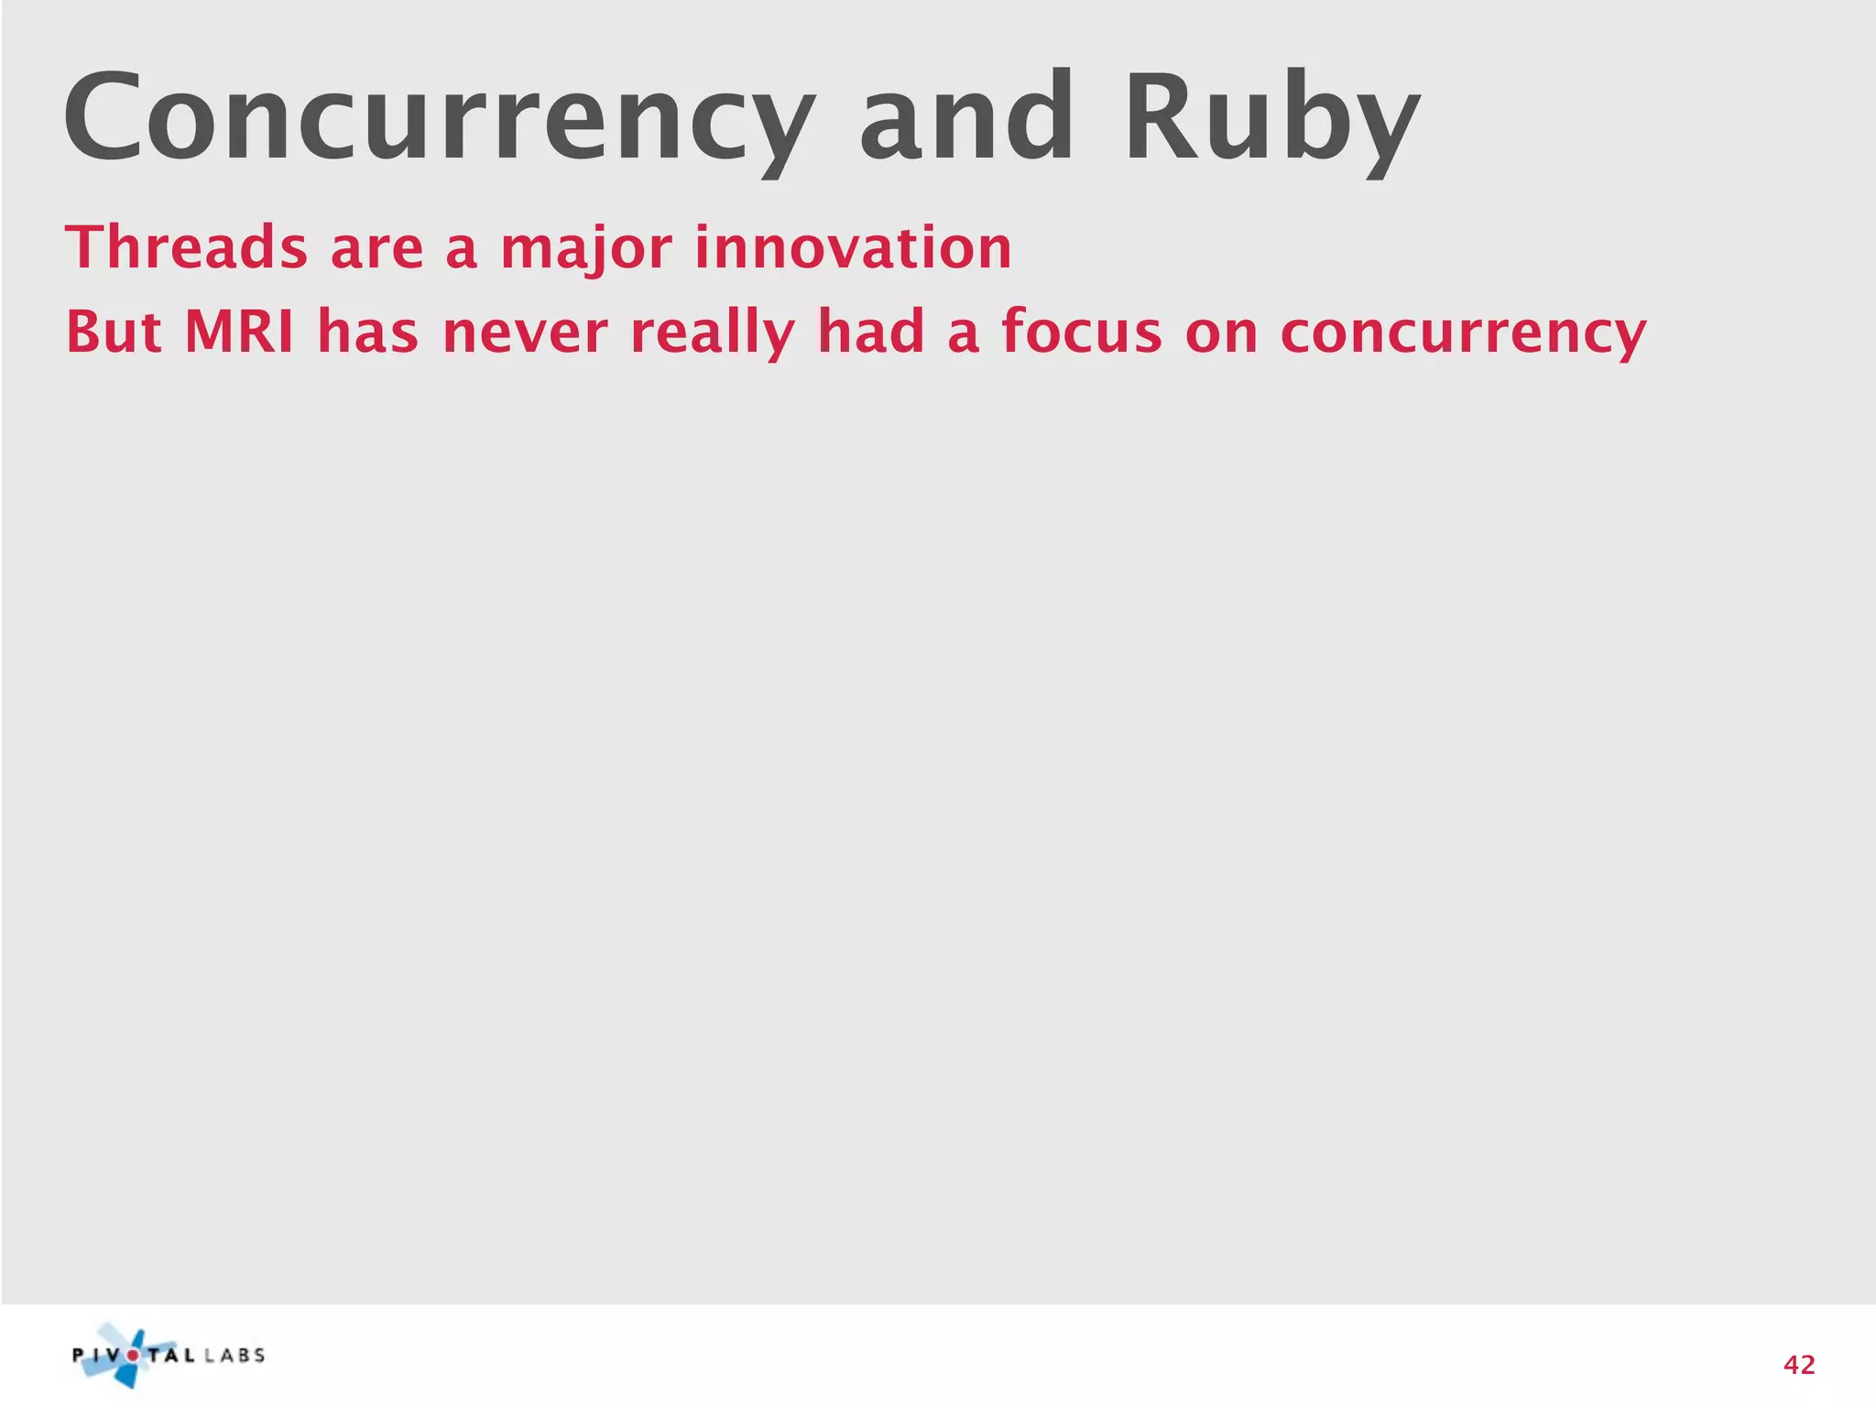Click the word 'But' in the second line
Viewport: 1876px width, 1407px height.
point(114,332)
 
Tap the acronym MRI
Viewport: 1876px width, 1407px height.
point(239,332)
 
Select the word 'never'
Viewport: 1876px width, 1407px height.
point(525,333)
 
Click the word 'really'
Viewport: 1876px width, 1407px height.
point(713,333)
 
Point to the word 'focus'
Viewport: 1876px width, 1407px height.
point(1082,332)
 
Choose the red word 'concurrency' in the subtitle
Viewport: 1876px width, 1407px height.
point(1463,333)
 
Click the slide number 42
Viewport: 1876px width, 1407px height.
point(1799,1366)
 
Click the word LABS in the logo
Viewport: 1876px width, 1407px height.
point(234,1356)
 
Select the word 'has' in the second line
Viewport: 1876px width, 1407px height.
point(367,332)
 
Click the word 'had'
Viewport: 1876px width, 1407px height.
point(871,332)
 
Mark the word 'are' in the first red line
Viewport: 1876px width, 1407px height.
point(376,249)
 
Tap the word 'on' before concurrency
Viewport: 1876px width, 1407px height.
point(1221,333)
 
